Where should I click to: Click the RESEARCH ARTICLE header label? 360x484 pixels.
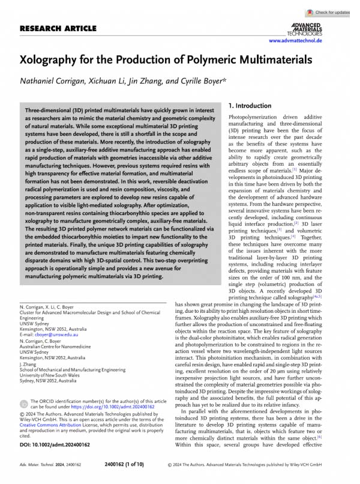tap(58, 28)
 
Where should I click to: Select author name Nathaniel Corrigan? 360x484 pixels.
tap(54, 82)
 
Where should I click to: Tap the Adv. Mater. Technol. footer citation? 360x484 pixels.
tap(40, 464)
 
